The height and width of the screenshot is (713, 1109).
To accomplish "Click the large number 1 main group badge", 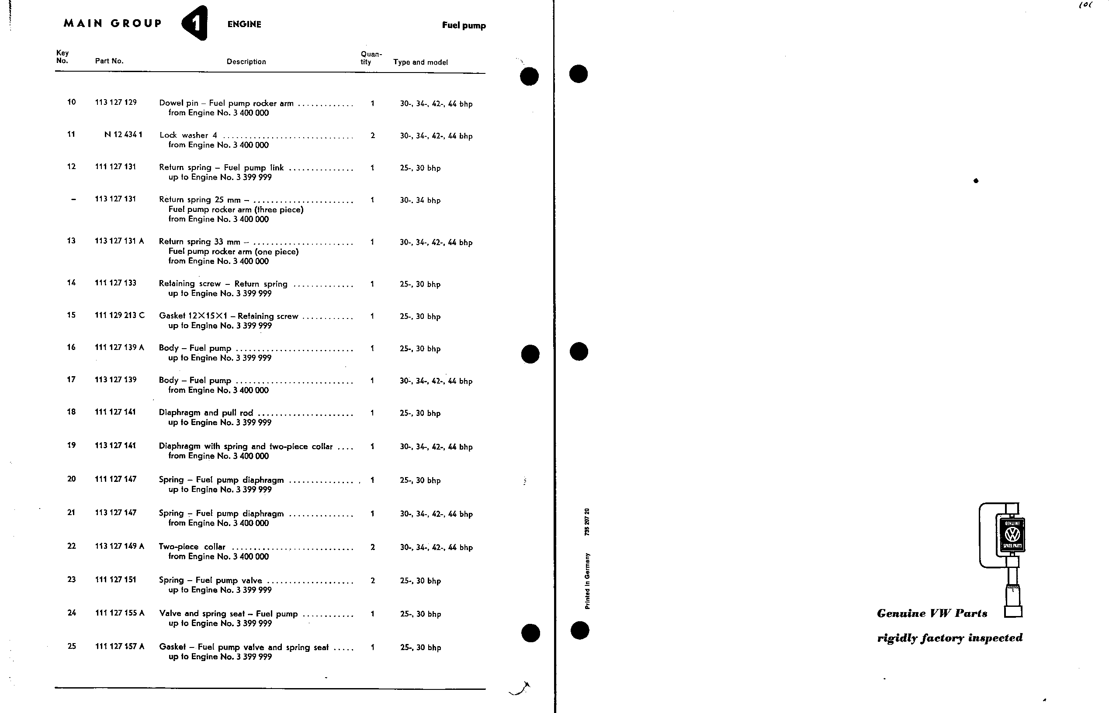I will tap(195, 23).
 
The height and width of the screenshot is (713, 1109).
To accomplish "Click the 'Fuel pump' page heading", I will tap(464, 25).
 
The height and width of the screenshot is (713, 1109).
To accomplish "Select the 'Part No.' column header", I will tap(109, 61).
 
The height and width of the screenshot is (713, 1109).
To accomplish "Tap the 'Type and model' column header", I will tap(420, 62).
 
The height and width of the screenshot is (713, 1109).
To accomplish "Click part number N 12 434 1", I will tap(123, 135).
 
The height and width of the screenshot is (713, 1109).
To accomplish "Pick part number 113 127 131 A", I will tap(119, 241).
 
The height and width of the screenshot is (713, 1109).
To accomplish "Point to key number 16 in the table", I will tap(71, 347).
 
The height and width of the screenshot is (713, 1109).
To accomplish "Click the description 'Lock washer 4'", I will tap(188, 135).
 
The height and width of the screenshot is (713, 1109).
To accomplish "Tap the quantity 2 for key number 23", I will tap(373, 581).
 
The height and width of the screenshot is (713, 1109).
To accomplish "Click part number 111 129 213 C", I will tap(119, 315).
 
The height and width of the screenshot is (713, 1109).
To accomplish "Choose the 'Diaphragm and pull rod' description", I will tap(206, 412).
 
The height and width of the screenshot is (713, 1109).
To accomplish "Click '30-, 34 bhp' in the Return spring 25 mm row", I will tap(420, 201).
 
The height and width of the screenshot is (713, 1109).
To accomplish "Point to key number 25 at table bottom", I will tap(71, 646).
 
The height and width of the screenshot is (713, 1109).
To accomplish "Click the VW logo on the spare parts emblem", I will tap(1012, 535).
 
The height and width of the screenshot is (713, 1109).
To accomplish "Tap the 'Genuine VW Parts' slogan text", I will tap(932, 613).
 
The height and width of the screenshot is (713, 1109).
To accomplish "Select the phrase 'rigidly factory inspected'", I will tap(949, 638).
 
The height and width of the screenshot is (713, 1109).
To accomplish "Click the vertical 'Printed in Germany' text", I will tap(587, 581).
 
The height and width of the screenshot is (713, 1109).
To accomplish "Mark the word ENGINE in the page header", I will tap(244, 24).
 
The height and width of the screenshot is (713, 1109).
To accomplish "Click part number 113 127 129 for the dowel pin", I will tap(116, 102).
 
